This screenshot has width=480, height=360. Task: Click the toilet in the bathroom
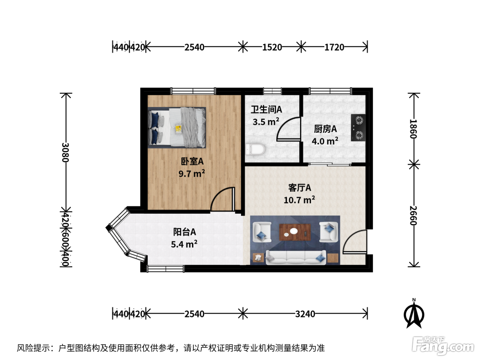(x=255, y=149)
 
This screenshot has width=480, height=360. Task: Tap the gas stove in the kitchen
(x=358, y=128)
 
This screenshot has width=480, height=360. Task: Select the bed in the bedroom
(x=177, y=128)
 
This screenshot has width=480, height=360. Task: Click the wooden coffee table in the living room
(x=295, y=232)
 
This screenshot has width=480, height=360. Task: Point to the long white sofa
(x=296, y=257)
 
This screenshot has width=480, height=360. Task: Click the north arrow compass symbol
(x=414, y=313)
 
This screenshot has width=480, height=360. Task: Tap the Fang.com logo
(x=443, y=346)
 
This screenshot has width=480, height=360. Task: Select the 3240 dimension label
(x=305, y=314)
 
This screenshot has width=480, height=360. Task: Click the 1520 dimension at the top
(x=272, y=47)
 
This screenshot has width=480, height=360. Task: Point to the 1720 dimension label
(x=334, y=47)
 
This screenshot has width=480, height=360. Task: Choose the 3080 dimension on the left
(x=65, y=152)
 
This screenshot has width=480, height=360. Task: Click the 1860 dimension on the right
(x=413, y=129)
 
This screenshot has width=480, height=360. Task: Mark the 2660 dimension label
(x=413, y=215)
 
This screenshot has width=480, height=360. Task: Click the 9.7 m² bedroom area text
(x=192, y=173)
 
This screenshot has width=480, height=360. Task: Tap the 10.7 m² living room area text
(x=299, y=200)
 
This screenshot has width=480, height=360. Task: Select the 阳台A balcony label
(x=184, y=232)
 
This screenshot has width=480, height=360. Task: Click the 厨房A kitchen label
(x=325, y=129)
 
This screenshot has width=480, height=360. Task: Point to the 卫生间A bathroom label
(x=266, y=109)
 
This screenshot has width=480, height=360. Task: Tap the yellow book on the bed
(x=178, y=129)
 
